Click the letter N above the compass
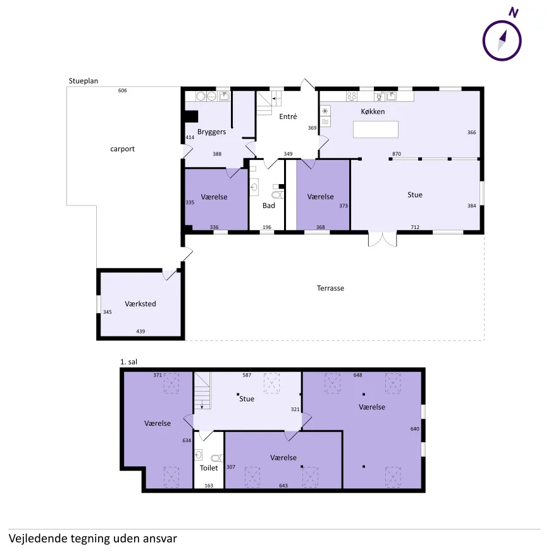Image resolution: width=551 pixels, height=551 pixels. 514,12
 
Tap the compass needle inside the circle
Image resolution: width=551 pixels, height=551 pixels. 502,40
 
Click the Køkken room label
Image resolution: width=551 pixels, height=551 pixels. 373,111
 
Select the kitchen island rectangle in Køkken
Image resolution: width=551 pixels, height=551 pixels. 376,129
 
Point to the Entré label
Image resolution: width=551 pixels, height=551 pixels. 288,116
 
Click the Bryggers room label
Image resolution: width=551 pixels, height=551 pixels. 211,132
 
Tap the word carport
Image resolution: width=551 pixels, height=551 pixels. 122,149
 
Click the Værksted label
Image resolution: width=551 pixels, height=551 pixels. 140,304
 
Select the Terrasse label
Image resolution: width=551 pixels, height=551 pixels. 330,288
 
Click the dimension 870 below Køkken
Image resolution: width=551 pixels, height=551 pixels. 397,154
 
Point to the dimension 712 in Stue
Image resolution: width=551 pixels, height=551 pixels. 415,227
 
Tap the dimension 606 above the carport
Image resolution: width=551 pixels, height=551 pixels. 122,90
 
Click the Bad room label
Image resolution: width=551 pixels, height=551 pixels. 269,206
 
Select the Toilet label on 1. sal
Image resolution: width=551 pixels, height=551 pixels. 209,467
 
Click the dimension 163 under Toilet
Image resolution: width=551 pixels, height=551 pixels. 209,485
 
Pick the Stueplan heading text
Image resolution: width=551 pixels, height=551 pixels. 84,81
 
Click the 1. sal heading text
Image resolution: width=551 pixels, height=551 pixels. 128,362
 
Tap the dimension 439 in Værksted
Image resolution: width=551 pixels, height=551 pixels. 140,331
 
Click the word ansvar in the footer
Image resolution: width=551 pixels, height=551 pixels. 159,538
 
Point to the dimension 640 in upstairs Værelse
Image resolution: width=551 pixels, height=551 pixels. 414,429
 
